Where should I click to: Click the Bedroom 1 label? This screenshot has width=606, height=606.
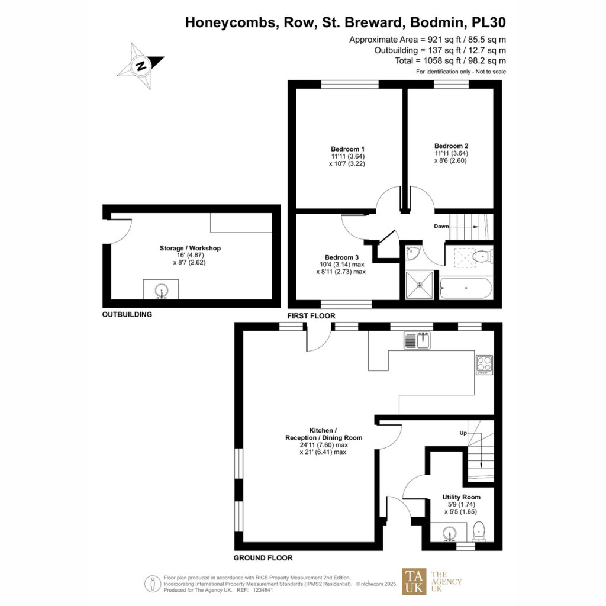coord(347,149)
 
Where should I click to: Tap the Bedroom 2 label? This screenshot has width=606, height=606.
coord(451,146)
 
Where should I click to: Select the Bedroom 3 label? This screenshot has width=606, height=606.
coord(341,257)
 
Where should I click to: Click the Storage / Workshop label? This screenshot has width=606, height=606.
coord(190,248)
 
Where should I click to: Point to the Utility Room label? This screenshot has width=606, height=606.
coord(462,497)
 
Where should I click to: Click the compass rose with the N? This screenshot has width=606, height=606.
coord(141,66)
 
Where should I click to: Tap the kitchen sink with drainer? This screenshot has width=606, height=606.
coord(417,340)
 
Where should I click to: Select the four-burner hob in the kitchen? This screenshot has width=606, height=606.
coord(484,365)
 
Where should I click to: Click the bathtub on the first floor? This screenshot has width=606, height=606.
coord(466,288)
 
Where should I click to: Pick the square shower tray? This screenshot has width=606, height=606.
coord(420,285)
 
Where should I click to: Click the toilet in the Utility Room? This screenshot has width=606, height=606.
coord(479,532)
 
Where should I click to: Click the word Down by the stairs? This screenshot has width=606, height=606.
coord(441,227)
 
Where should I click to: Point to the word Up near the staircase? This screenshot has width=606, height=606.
coord(463,433)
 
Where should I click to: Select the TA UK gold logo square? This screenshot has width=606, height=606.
coord(414,581)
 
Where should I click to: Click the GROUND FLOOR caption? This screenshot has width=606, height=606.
coord(263,558)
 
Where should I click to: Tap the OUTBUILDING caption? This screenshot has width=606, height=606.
coord(127,315)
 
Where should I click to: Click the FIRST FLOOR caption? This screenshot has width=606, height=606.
coord(311,316)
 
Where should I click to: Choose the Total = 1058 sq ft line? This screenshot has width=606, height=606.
coord(450,61)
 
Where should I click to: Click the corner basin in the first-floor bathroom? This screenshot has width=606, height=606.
coord(412,252)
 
